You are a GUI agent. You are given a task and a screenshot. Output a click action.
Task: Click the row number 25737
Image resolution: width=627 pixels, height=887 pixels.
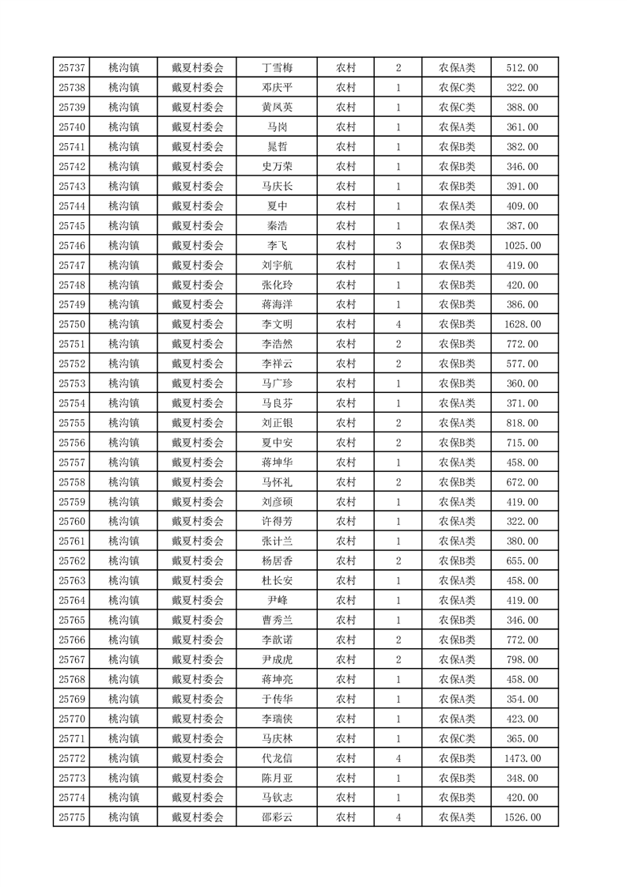point(71,68)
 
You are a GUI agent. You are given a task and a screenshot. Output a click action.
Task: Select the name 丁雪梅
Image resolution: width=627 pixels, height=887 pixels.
point(277,68)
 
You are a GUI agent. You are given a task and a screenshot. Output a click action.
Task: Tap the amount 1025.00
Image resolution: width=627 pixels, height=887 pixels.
point(522,246)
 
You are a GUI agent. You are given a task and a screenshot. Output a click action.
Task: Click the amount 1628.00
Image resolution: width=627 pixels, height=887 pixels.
point(522,324)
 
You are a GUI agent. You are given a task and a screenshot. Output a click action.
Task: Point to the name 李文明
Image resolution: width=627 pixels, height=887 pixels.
point(277,324)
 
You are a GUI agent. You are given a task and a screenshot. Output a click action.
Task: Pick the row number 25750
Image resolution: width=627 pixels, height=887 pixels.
point(71,324)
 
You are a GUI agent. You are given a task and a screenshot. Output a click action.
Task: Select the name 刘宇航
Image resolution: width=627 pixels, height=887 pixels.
point(277,266)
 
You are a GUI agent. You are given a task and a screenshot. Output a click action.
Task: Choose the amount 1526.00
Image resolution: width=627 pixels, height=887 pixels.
point(522,818)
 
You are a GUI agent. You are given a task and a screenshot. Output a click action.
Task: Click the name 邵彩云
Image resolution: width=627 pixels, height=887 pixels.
point(277,818)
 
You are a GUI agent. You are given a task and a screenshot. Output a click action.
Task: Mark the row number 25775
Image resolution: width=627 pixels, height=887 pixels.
point(71,818)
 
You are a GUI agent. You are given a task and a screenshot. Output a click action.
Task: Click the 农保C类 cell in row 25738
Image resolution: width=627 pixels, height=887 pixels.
point(457,88)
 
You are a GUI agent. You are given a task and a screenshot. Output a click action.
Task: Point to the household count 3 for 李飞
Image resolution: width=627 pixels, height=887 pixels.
point(398,246)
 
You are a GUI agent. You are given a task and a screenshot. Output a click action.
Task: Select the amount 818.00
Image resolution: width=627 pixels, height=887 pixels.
point(522,423)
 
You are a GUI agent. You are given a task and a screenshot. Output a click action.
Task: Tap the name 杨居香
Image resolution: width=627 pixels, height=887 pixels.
point(277,561)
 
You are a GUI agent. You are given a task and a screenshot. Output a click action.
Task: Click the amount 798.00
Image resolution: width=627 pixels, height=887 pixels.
point(522,660)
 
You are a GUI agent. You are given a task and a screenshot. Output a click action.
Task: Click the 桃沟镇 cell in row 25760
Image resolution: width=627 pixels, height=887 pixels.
point(123,522)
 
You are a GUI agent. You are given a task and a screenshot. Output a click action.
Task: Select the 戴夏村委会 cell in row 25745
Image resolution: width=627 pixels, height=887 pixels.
point(198,226)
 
